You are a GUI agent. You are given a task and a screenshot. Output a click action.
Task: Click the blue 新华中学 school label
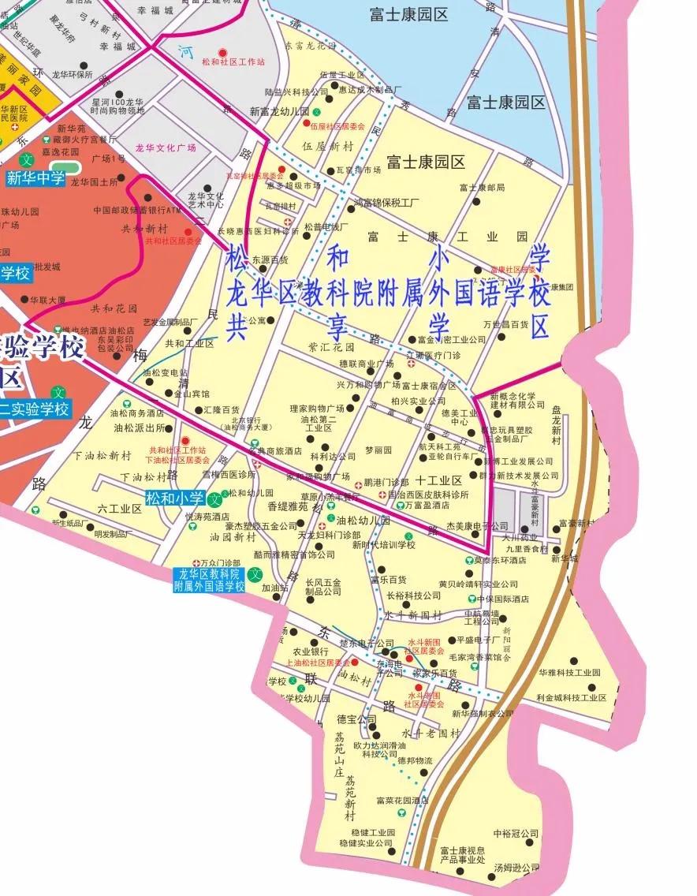click(36, 178)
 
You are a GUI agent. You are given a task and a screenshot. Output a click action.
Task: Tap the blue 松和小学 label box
click(175, 498)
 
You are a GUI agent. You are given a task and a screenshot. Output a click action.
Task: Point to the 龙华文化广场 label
click(166, 147)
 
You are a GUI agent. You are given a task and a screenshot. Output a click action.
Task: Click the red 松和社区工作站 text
click(233, 62)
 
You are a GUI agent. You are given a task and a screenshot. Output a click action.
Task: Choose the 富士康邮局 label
click(481, 188)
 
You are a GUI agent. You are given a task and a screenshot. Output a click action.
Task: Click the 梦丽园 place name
click(378, 450)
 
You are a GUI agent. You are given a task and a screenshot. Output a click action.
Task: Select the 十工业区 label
click(438, 480)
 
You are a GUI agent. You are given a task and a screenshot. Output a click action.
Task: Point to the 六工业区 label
click(121, 509)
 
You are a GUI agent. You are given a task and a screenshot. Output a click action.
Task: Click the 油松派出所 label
click(140, 428)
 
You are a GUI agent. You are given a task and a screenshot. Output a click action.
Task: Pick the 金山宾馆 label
click(192, 393)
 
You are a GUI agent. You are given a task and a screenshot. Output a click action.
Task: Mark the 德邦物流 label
click(415, 760)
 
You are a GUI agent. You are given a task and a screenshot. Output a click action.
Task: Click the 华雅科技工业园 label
click(569, 673)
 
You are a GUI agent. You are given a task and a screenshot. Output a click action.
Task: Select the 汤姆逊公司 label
click(517, 868)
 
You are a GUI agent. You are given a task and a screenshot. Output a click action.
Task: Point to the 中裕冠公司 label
click(516, 833)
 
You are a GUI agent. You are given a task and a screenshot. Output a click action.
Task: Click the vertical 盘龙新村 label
click(556, 426)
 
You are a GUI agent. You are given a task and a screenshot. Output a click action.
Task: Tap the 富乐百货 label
click(388, 580)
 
